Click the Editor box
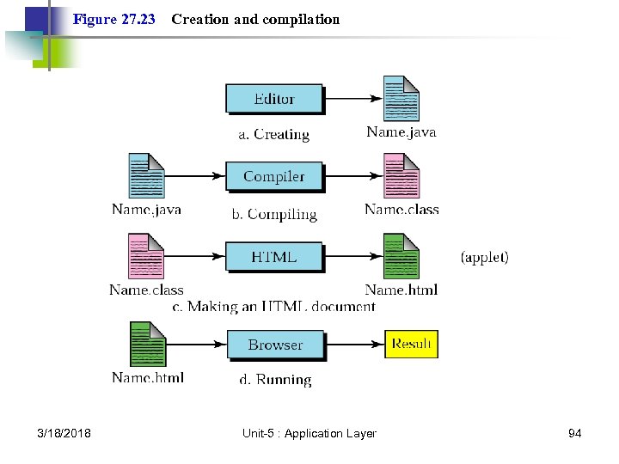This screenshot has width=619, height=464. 274,98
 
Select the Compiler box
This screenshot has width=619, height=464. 274,176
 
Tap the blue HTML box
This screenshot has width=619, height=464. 274,256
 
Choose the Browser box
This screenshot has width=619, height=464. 275,345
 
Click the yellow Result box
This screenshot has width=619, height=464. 411,344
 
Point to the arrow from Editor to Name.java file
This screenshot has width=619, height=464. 352,98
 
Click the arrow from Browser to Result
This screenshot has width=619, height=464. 354,345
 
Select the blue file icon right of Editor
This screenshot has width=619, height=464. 401,99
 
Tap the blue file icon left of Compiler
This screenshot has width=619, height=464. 146,176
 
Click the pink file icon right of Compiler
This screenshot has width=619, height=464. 401,176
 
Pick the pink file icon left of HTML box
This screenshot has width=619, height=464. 146,256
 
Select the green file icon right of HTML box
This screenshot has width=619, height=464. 401,256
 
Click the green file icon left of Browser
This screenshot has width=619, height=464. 147,344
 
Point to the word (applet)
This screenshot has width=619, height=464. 485,257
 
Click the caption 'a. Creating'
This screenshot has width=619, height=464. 273,134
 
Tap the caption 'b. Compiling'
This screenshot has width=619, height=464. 273,214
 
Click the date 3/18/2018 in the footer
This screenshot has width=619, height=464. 65,434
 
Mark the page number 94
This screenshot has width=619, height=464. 574,434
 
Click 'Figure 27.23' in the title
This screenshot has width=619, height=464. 114,19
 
